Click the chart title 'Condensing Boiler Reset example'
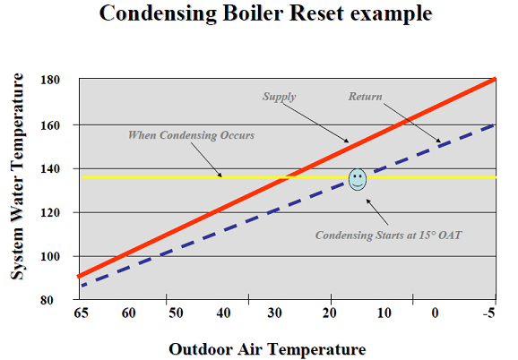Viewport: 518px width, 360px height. point(265,13)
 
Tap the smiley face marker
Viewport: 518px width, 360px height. point(358,179)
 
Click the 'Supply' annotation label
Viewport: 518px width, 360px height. point(279,97)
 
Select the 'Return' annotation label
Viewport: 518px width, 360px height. point(366,97)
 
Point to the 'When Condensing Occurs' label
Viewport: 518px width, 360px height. point(191,135)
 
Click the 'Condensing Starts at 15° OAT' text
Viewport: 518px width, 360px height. point(389,236)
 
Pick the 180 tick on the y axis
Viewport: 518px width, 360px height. point(50,80)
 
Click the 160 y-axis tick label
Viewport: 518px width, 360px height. point(50,125)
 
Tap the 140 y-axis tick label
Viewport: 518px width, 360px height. point(50,169)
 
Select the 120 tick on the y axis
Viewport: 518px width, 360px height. point(50,213)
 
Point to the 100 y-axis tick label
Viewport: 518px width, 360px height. point(50,256)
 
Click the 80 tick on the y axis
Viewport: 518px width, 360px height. point(47,300)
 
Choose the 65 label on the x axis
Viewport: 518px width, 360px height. point(82,313)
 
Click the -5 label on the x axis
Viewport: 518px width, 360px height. point(489,313)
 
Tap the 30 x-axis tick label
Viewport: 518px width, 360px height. point(274,313)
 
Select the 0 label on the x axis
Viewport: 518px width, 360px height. point(435,313)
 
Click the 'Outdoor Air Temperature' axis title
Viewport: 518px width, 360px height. point(267,349)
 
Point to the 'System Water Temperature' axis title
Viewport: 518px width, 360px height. point(17,176)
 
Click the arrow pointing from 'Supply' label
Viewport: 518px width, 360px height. point(315,122)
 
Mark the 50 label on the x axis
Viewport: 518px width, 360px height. point(176,313)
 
